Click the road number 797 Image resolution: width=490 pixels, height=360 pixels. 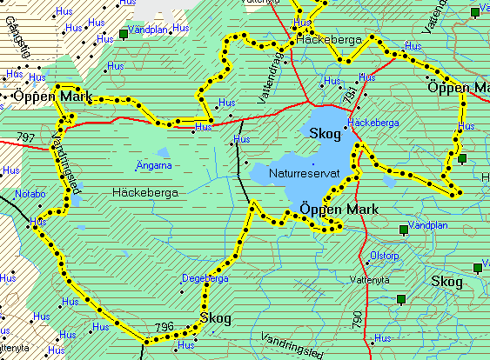coord(25,137)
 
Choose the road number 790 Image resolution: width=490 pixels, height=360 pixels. coord(357,319)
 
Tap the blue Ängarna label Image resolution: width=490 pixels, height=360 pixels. coord(154,164)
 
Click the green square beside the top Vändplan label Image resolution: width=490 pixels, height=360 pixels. coord(123,35)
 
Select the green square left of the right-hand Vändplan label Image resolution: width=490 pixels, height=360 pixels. coord(402,230)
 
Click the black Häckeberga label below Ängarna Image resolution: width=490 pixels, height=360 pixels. coord(145,191)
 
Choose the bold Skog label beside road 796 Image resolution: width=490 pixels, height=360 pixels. coord(215,319)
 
